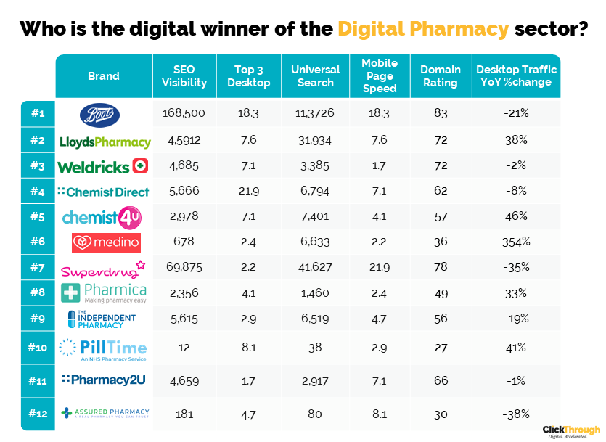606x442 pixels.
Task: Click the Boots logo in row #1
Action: coord(104,114)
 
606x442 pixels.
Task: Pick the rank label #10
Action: coord(38,347)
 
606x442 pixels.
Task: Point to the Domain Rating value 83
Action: coord(440,113)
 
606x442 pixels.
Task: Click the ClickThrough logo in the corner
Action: coord(570,431)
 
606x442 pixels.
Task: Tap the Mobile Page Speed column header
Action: coord(380,76)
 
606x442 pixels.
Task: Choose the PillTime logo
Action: coord(103,348)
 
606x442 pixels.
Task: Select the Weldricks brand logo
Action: coord(103,167)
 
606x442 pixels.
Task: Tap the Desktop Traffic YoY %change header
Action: coord(516,76)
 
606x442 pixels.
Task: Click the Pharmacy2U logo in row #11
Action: coord(105,379)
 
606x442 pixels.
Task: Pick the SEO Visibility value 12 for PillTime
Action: coord(184,347)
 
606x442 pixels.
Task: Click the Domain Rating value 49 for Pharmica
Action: coord(440,293)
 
